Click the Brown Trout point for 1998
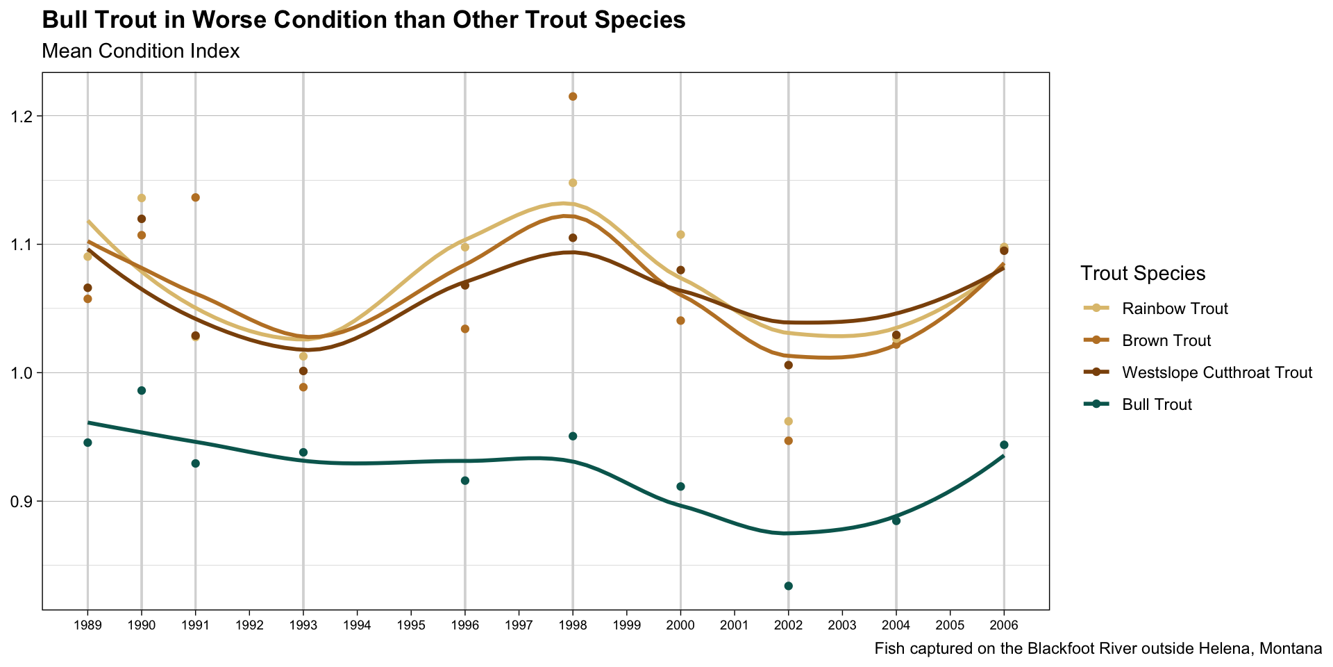coord(573,97)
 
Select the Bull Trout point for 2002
coord(788,586)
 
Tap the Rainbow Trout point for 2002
coord(788,421)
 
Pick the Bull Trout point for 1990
coord(142,390)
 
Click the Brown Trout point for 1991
coord(196,197)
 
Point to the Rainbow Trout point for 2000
coord(680,235)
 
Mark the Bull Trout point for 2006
coord(1004,445)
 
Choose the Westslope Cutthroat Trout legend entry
coord(1216,372)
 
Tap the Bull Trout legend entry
coord(1157,404)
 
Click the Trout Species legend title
coord(1142,274)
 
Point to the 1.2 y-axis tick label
coord(23,116)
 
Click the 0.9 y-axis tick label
coord(23,501)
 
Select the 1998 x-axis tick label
coord(573,625)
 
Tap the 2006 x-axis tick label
coord(1004,625)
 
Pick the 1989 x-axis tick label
coord(87,625)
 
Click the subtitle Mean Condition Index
coord(141,51)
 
